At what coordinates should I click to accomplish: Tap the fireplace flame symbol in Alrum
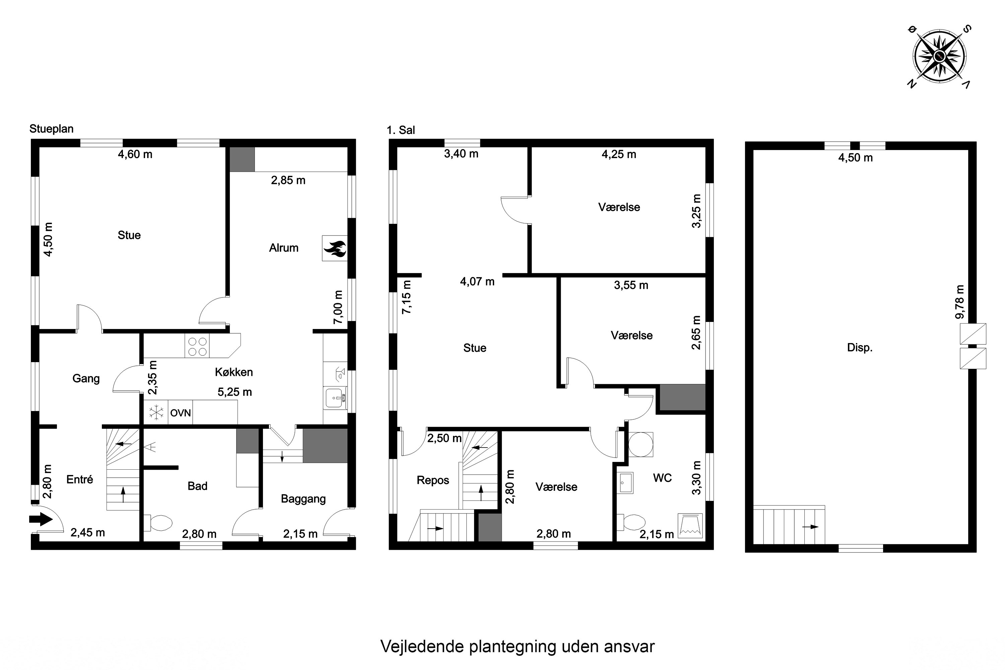335,248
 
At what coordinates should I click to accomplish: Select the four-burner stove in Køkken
197,346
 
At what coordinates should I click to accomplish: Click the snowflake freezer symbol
156,413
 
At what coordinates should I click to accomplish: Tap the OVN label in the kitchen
180,413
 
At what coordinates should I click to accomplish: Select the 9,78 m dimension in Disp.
960,302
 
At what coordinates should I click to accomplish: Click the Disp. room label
859,347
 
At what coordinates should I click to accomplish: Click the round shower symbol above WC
641,445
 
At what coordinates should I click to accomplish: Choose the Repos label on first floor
432,480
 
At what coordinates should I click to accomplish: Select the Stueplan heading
51,129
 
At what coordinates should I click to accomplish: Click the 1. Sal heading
400,130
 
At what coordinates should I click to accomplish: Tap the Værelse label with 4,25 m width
619,207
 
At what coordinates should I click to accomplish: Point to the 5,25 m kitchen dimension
234,392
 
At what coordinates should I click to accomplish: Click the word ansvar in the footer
629,647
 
